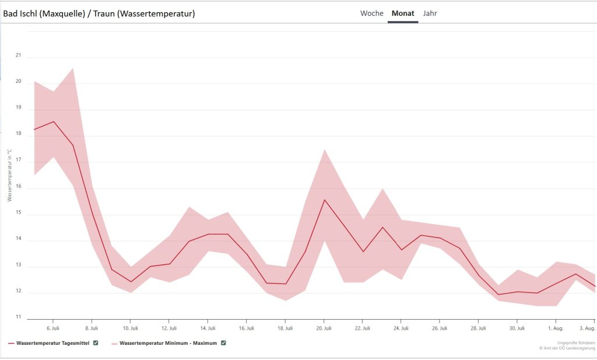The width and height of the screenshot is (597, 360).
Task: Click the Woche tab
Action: point(372,13)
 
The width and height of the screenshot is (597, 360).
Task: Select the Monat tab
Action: point(403,13)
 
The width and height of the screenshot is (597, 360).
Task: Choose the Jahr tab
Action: point(430,13)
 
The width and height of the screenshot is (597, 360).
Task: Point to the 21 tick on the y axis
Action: point(18,55)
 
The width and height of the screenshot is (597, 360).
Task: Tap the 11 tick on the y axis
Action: point(18,317)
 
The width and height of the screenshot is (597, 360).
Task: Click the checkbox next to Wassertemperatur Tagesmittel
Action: point(96,342)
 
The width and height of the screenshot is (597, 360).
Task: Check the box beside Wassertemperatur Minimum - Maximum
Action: point(223,342)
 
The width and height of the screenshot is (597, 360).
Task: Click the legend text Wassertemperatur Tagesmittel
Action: point(52,343)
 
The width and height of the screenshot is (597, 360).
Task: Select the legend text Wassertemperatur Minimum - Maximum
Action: point(168,343)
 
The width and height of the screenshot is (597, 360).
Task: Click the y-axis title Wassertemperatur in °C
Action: point(9,175)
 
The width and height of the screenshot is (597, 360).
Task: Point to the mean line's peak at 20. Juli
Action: point(324,200)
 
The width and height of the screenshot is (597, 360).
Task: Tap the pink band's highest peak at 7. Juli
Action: point(72,69)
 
